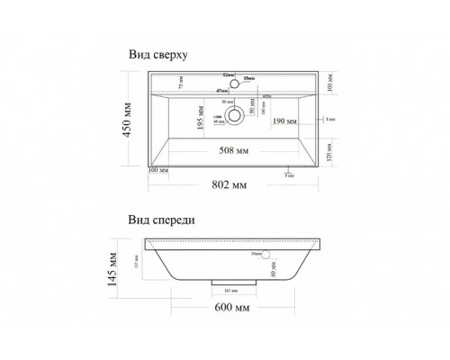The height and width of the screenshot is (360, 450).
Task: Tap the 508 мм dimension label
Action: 232,149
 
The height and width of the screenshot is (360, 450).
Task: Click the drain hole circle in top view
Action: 235,115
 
